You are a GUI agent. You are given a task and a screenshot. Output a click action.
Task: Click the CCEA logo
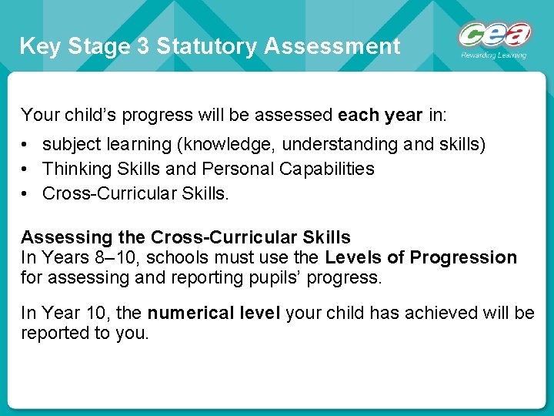point(495,35)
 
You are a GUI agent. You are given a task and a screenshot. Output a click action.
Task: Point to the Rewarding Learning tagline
point(494,55)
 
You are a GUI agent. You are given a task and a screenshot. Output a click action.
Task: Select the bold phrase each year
point(380,116)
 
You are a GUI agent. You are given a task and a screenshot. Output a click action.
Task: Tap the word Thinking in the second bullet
point(74,169)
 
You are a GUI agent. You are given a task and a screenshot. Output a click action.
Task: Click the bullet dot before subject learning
point(25,145)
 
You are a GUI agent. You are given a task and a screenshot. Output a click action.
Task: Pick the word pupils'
point(273,277)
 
